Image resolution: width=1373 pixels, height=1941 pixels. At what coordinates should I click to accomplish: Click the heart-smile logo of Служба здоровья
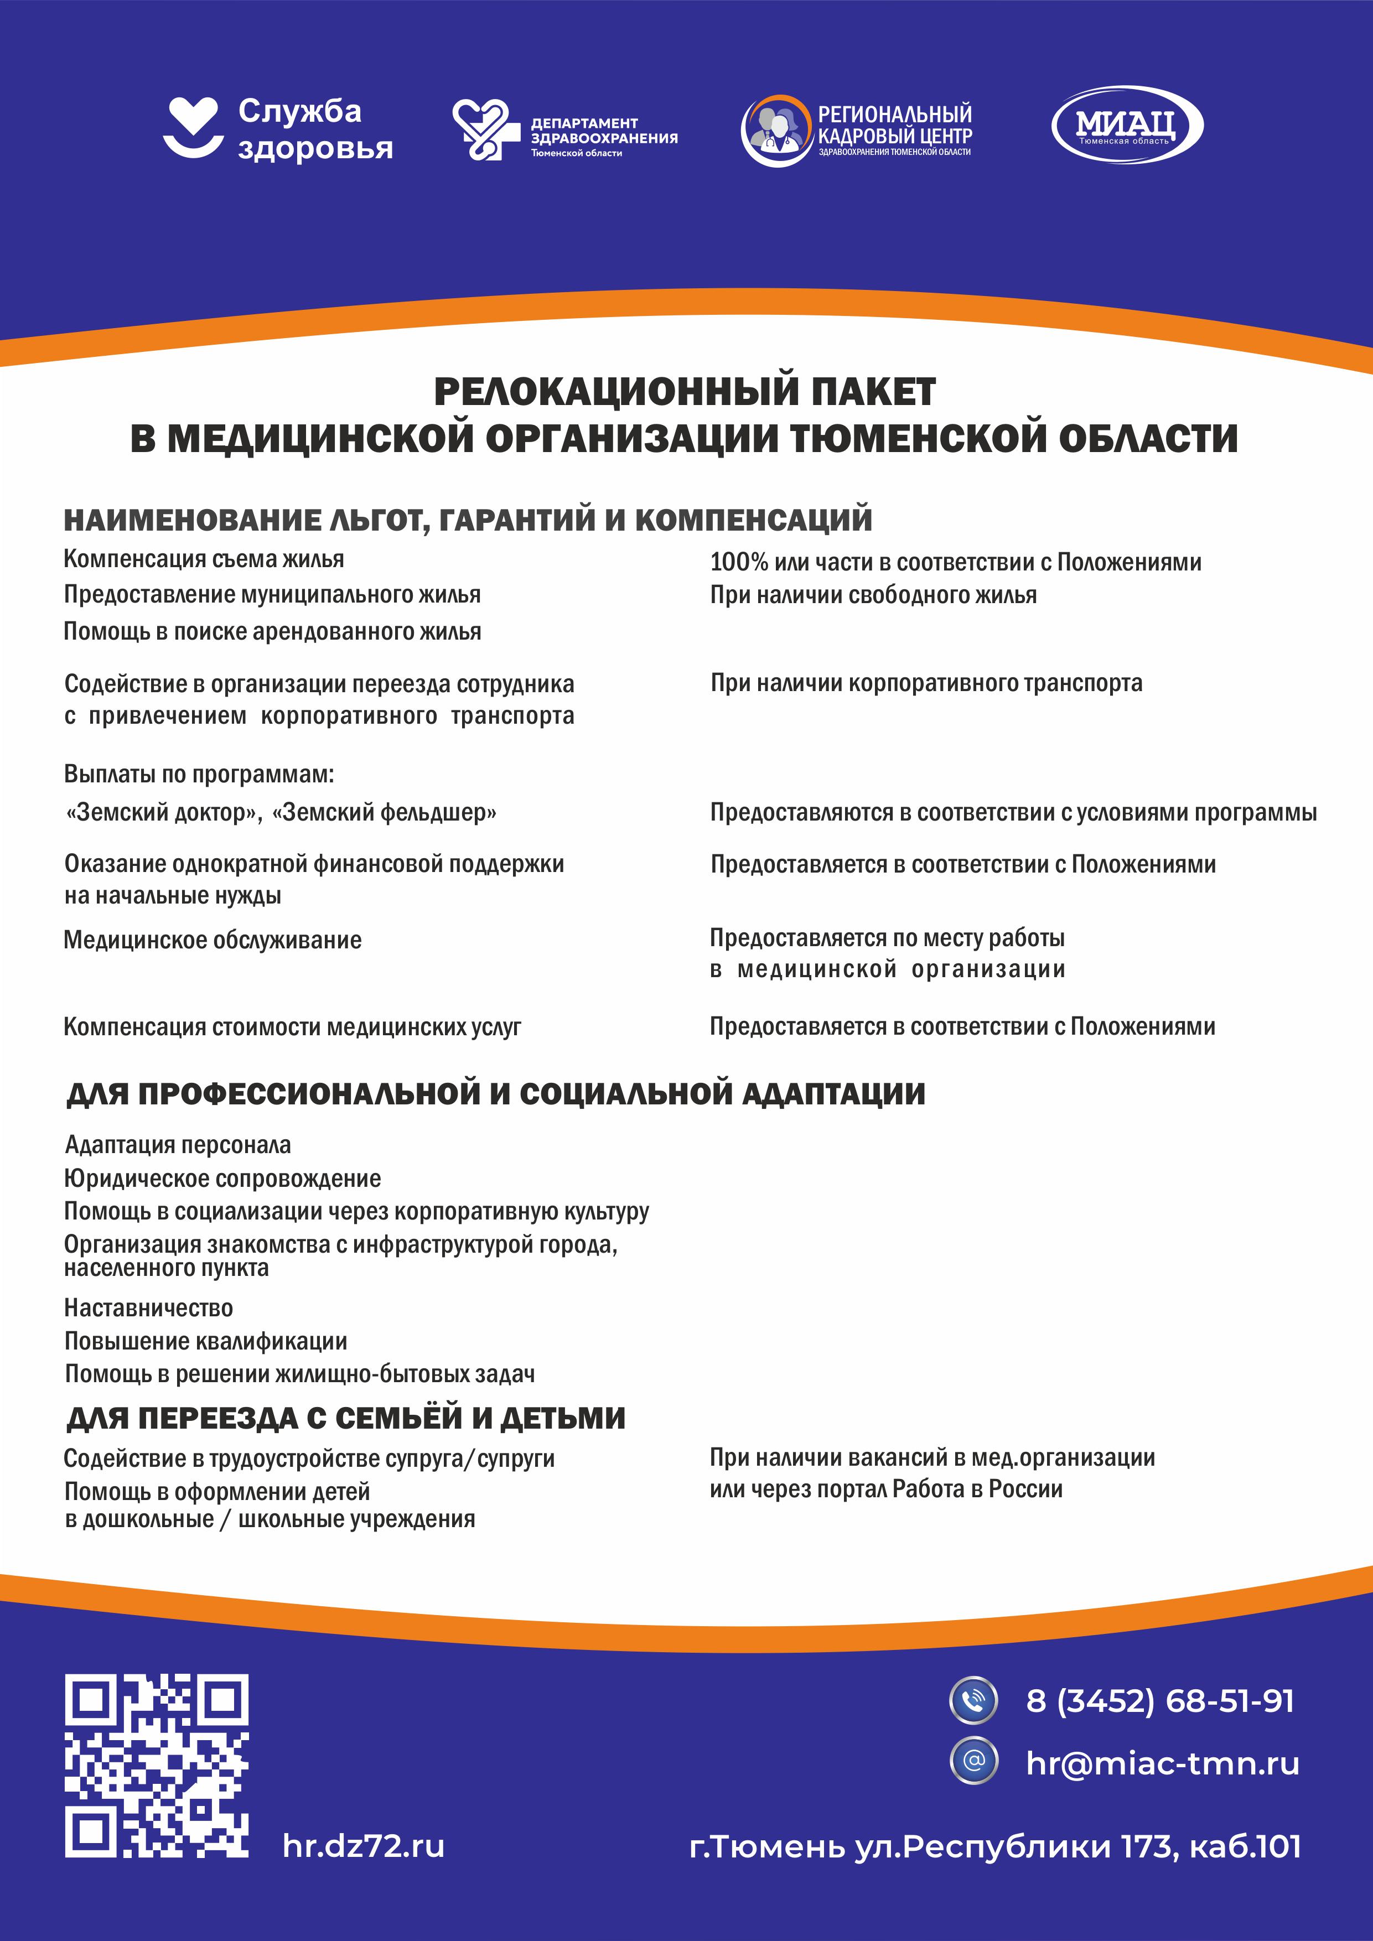(x=192, y=127)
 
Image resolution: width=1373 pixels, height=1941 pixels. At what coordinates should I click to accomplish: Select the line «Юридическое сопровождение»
(x=222, y=1179)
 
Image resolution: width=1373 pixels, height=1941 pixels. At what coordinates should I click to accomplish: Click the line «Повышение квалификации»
(x=205, y=1341)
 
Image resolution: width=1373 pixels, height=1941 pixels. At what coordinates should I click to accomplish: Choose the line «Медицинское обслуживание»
(x=212, y=940)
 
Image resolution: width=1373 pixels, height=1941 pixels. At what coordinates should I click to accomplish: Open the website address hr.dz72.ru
(x=364, y=1846)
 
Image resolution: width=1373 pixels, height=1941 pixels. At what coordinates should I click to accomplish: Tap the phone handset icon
(x=974, y=1700)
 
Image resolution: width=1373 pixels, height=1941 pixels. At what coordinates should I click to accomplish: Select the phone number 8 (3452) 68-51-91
(x=1160, y=1701)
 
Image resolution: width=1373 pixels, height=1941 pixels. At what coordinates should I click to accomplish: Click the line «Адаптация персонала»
(x=178, y=1145)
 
